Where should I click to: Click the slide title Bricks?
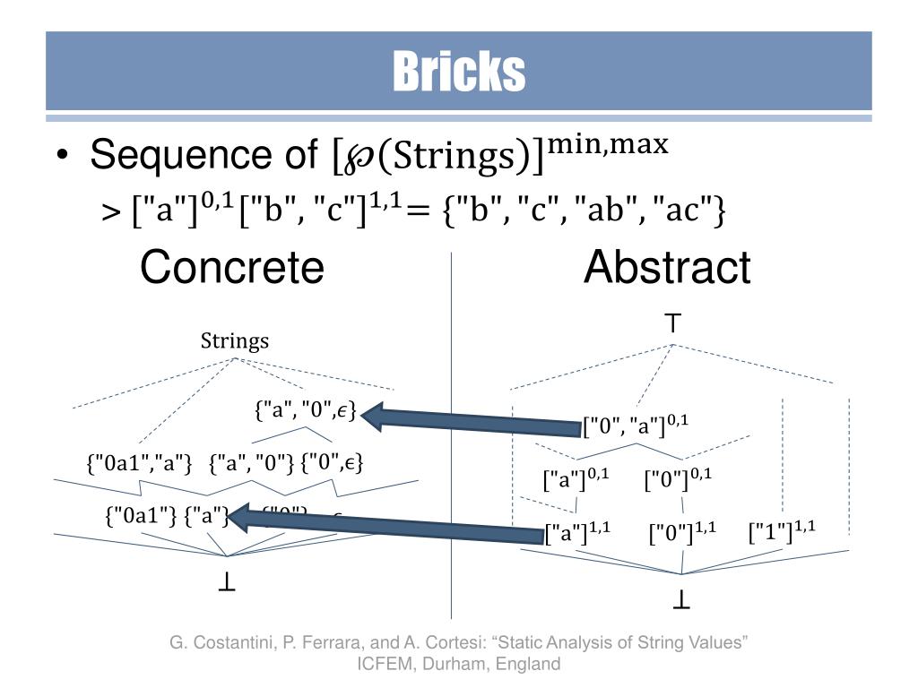coord(458,72)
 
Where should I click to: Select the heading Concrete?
coord(231,267)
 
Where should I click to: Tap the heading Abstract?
coord(667,267)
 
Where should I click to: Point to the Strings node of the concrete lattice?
coord(235,341)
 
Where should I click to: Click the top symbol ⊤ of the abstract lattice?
coord(674,322)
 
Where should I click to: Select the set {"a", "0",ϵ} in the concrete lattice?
coord(306,411)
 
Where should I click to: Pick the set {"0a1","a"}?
coord(140,464)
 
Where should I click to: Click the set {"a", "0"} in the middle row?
coord(252,464)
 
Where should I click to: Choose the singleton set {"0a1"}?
coord(142,516)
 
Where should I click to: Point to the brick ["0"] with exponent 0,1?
coord(678,479)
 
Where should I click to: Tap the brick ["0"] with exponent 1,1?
coord(682,534)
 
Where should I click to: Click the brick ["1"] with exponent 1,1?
coord(782,530)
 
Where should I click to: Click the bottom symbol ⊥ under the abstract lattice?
coord(681,603)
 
